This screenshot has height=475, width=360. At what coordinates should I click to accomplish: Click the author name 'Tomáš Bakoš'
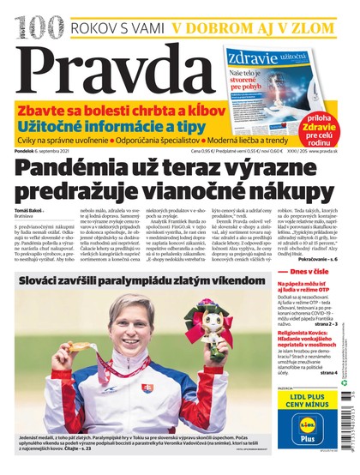click(x=27, y=208)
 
